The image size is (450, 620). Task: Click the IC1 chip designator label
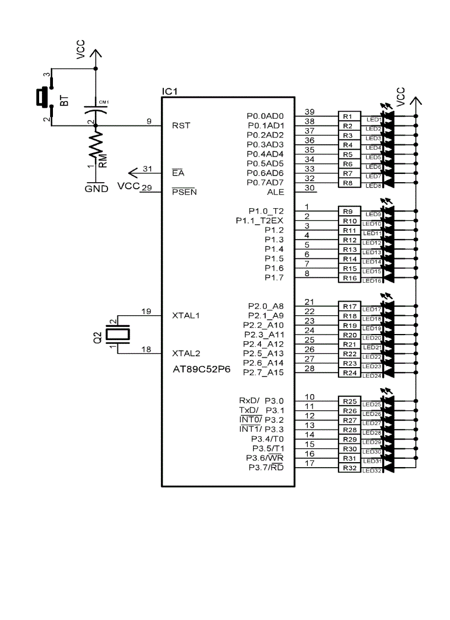[x=169, y=91]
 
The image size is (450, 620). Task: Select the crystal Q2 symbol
[x=117, y=334]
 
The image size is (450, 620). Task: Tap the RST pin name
[x=181, y=125]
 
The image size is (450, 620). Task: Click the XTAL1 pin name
[x=186, y=315]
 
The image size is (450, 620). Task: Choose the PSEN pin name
[x=184, y=192]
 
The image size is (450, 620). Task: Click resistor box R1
[x=347, y=116]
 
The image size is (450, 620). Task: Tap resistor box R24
[x=350, y=373]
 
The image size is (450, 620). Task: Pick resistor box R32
[x=350, y=468]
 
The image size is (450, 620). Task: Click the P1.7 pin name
[x=274, y=277]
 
